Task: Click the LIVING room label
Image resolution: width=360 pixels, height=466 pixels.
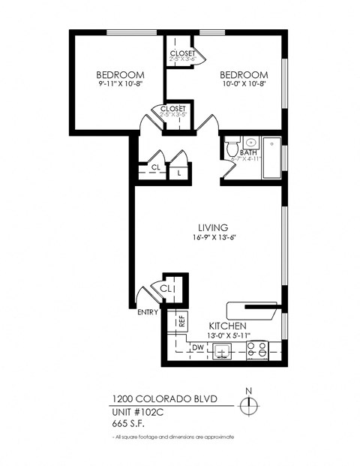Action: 212,227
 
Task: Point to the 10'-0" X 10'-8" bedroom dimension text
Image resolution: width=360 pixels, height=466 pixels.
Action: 243,86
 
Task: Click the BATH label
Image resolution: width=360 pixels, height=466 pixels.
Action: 248,152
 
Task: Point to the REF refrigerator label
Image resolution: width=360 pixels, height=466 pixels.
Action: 181,321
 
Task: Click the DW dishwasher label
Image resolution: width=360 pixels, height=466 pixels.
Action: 198,347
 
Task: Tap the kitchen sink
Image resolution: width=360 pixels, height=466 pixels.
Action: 222,350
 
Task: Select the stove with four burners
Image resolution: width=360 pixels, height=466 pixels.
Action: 257,350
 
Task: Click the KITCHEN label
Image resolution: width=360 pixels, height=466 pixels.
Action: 227,326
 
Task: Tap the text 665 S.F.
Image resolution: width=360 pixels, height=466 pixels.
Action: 128,422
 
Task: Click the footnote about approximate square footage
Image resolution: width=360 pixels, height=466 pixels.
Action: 173,436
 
